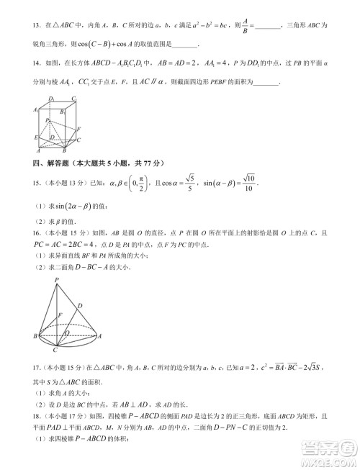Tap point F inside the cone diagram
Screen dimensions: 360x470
click(x=60, y=315)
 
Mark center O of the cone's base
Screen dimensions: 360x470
click(x=67, y=333)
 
